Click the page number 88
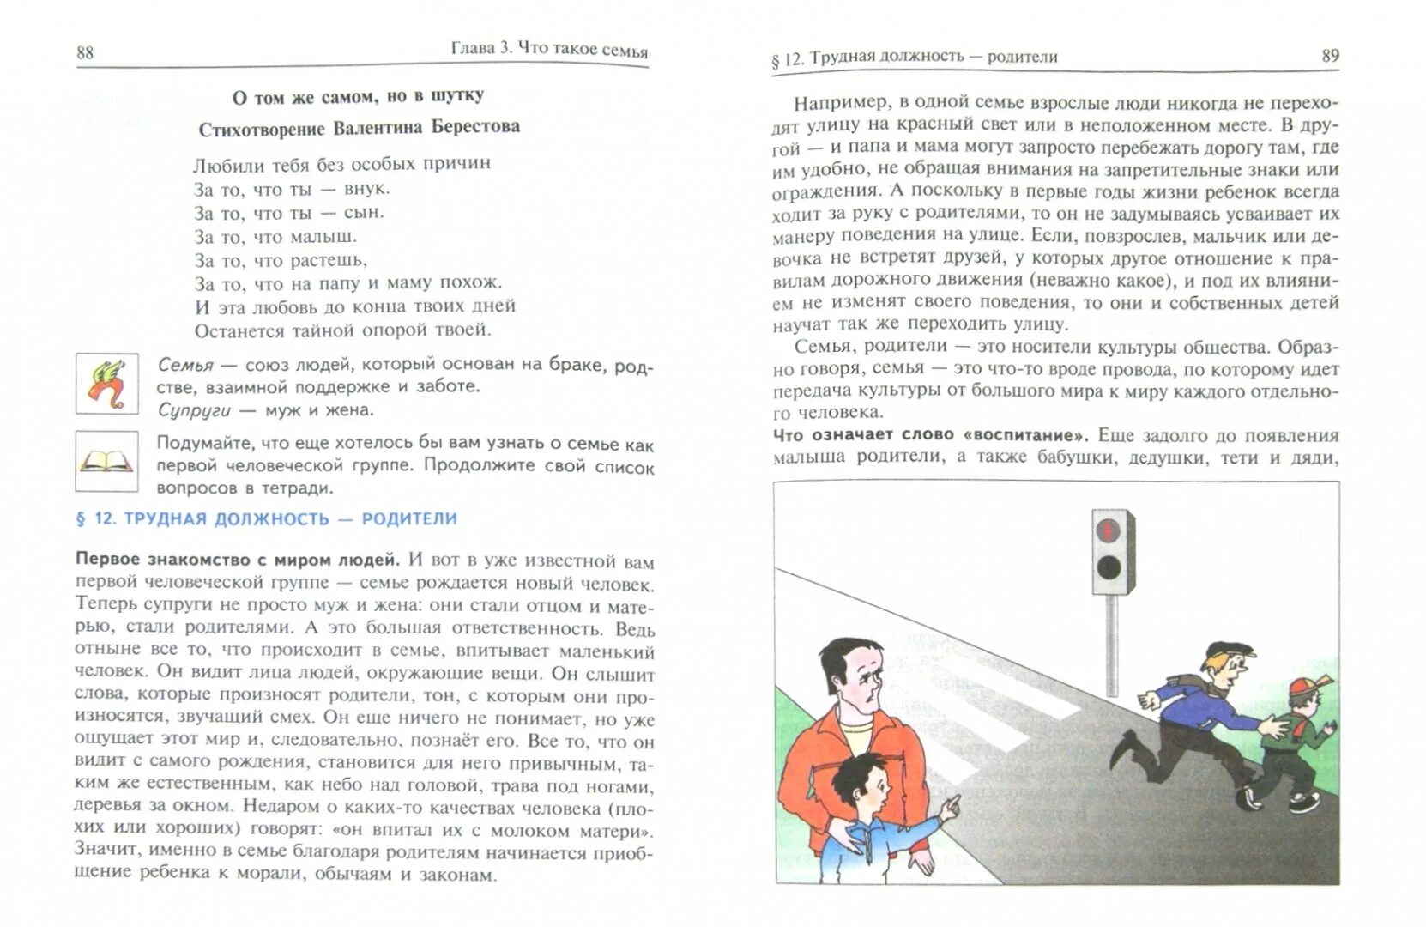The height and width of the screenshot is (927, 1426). (x=84, y=52)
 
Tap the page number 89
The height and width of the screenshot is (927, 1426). (x=1329, y=56)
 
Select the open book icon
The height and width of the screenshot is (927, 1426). (x=106, y=461)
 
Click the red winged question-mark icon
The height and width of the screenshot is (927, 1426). (x=106, y=384)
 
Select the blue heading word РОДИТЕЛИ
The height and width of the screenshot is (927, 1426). (x=409, y=518)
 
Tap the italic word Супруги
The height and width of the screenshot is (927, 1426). (x=194, y=410)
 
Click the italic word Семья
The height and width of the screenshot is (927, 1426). (x=185, y=364)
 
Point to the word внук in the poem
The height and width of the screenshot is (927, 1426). (x=366, y=188)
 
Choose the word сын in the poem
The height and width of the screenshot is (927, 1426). (x=364, y=212)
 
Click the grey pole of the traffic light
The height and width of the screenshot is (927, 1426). (x=1112, y=644)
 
